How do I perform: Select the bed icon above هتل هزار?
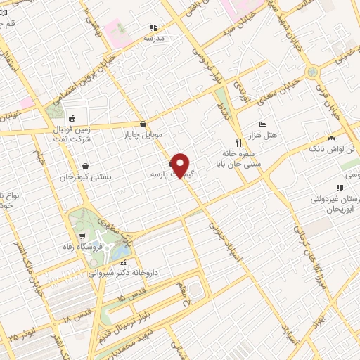pyautogui.click(x=262, y=124)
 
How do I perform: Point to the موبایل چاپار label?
pyautogui.click(x=143, y=134)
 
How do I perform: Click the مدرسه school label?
pyautogui.click(x=154, y=38)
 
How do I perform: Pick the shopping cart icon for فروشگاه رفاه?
pyautogui.click(x=84, y=236)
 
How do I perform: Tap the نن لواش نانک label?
pyautogui.click(x=331, y=149)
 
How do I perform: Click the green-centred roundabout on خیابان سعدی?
pyautogui.click(x=311, y=73)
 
